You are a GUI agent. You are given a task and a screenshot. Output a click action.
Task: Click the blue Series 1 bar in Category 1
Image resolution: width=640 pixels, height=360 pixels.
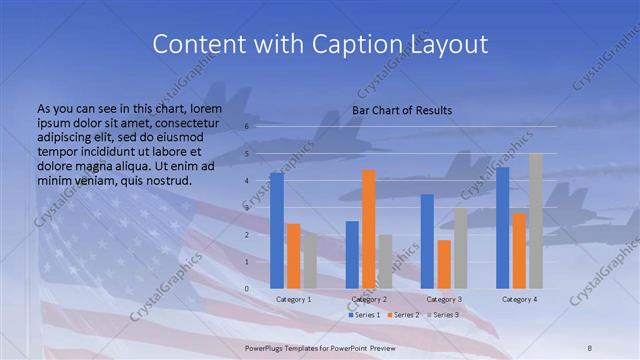[x=277, y=231]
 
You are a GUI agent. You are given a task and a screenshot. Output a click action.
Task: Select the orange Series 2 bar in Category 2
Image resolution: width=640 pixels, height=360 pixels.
[x=369, y=229]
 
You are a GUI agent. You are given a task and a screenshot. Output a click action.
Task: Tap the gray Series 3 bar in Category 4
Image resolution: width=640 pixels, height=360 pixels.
[x=535, y=221]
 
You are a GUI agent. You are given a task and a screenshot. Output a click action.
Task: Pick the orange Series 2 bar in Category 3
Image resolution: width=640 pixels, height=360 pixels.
[x=444, y=264]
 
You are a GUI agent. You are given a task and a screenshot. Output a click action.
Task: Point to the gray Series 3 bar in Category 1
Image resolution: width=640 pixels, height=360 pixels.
[x=310, y=261]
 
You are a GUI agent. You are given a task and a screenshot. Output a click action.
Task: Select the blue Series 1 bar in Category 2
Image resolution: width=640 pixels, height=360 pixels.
[x=352, y=255]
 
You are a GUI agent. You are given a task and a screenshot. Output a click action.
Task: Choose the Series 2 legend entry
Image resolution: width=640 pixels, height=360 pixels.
[x=403, y=315]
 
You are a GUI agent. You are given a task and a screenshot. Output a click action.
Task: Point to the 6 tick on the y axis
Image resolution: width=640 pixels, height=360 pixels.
[x=247, y=127]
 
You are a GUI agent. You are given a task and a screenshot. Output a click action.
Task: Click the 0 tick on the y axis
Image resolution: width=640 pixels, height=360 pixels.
[x=247, y=289]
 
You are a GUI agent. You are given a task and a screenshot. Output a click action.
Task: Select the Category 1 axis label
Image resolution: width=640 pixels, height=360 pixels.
[x=293, y=300]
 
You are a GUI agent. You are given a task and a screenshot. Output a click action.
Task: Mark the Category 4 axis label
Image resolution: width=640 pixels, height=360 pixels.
[x=519, y=300]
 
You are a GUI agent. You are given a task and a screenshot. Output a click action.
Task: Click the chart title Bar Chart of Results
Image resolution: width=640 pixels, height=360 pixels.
[x=402, y=110]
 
